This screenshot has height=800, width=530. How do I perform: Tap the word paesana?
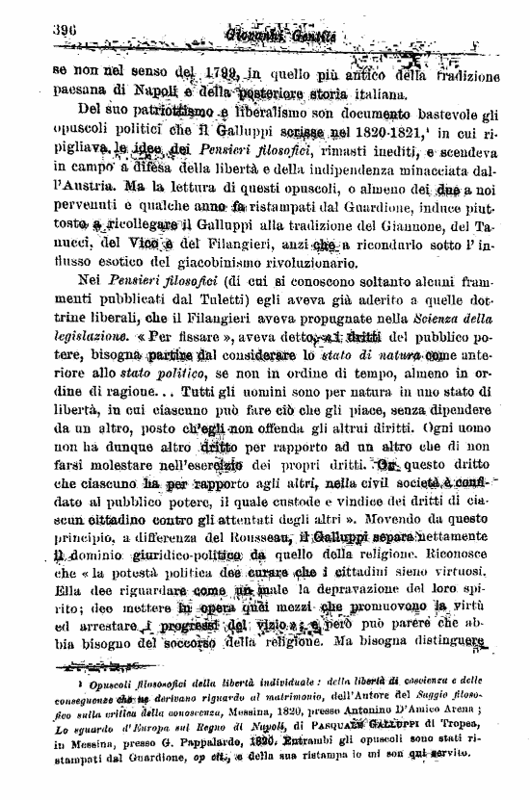coord(79,93)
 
